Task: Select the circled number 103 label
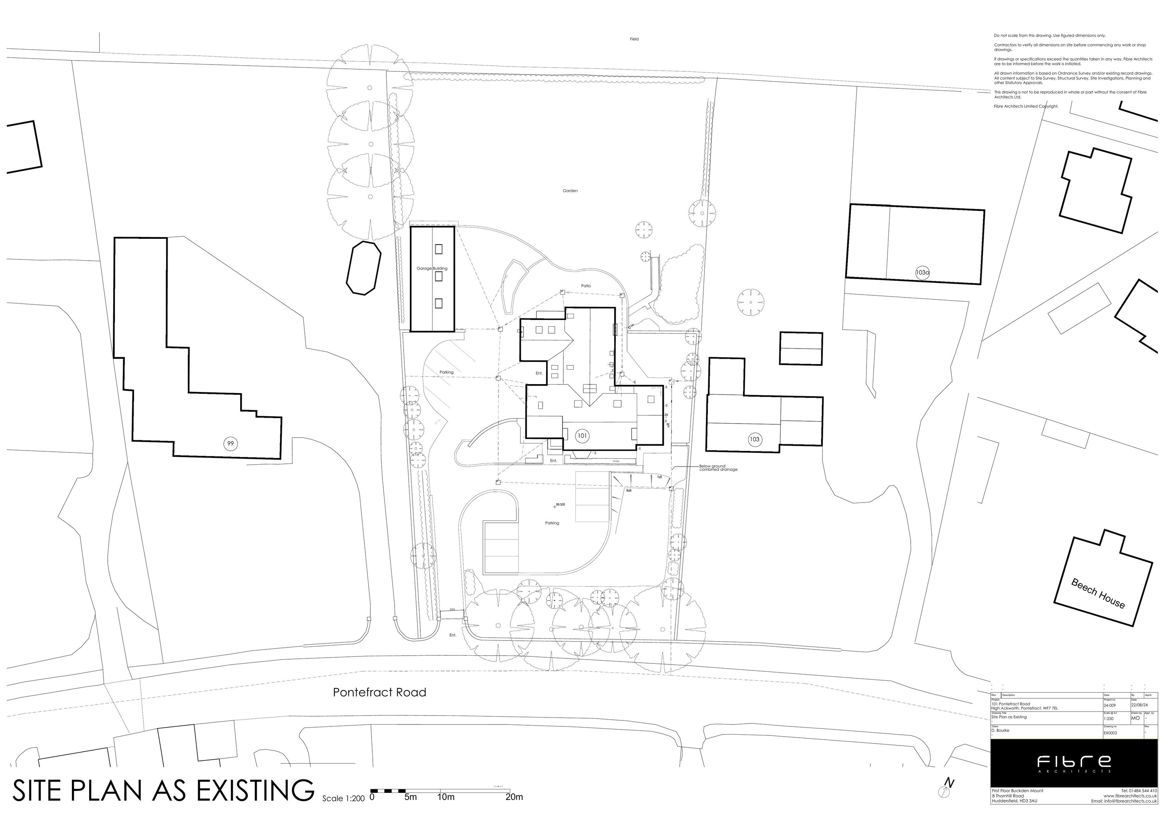point(754,439)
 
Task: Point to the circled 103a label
point(922,273)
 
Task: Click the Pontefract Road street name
point(379,692)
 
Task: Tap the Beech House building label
point(1097,594)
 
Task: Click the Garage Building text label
point(432,268)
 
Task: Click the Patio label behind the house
point(586,286)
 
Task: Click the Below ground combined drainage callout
point(718,468)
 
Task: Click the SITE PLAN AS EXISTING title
point(163,791)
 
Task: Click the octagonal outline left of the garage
point(363,268)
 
